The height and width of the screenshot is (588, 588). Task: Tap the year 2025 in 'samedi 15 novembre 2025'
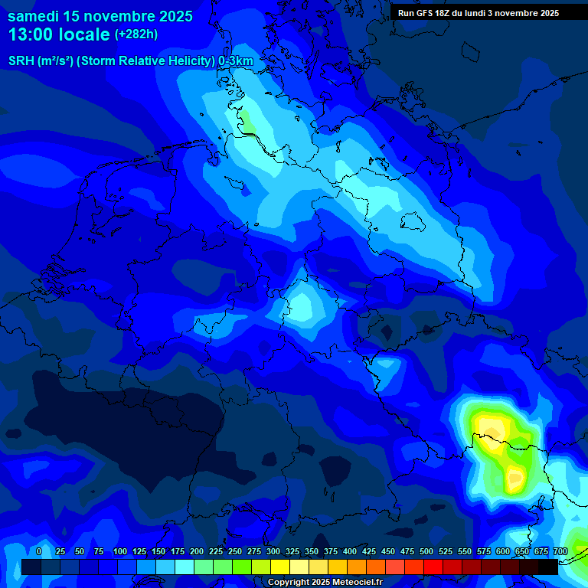tap(171, 16)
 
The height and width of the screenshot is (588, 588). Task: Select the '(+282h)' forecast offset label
tap(138, 34)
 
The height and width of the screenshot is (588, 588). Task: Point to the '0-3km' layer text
tap(236, 61)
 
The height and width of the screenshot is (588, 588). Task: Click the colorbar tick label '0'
tap(39, 551)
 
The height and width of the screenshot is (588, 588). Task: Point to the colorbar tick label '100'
tap(120, 551)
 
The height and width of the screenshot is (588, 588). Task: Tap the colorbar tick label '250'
tap(235, 551)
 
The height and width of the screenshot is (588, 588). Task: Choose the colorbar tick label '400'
tap(350, 551)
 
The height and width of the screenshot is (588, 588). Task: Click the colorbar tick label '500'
tap(426, 551)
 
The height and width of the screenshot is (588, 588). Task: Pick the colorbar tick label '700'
tap(560, 551)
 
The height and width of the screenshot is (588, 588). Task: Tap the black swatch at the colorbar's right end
tap(547, 567)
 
